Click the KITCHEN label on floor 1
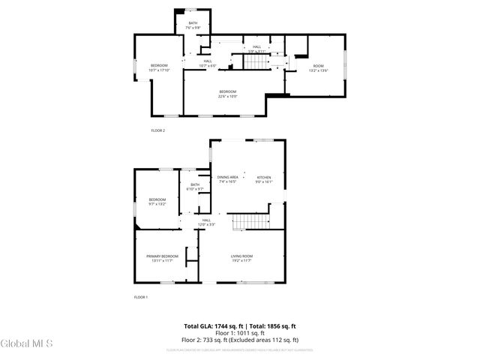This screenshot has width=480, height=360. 263,177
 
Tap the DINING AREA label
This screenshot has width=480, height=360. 228,177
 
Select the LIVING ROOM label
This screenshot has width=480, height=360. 241,256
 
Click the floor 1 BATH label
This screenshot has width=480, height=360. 195,184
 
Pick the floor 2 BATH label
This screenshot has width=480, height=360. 192,23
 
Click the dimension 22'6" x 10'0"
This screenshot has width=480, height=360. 228,96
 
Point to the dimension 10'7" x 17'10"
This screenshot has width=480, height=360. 159,70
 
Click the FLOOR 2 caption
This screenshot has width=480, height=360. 157,130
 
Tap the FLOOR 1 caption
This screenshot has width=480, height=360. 141,297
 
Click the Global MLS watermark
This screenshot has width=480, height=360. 27,343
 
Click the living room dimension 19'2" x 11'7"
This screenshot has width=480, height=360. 241,260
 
